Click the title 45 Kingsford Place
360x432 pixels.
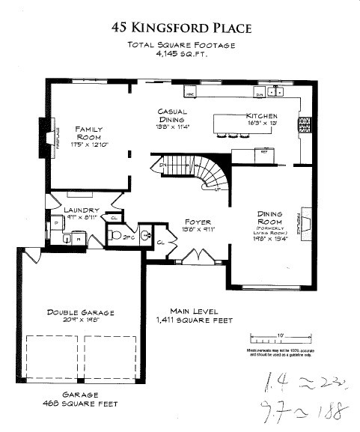pos(181,28)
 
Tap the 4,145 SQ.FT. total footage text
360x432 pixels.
pos(180,55)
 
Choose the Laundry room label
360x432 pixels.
pos(79,210)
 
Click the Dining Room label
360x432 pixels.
pos(269,217)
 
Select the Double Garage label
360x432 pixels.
pos(79,312)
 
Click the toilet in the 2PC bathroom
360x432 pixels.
pos(114,235)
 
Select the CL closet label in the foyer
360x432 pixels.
pos(162,243)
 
